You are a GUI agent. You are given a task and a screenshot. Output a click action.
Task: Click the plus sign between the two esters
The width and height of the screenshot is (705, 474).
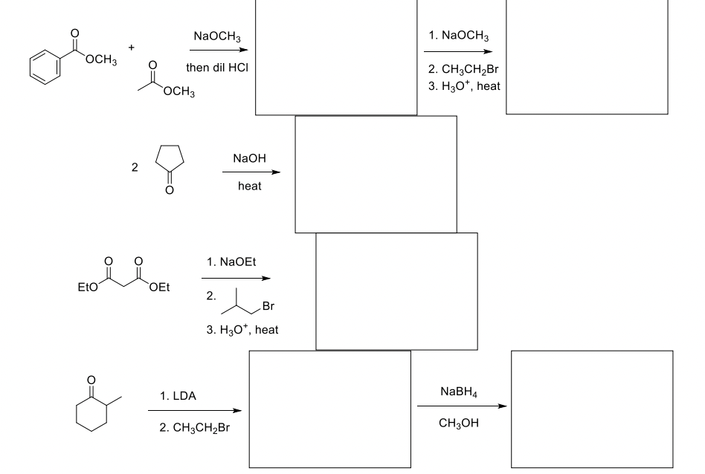tap(132, 48)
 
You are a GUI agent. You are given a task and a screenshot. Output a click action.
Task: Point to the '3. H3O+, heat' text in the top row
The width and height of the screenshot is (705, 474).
tap(464, 86)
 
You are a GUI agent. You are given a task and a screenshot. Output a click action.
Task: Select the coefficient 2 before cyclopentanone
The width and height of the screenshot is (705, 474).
tap(134, 168)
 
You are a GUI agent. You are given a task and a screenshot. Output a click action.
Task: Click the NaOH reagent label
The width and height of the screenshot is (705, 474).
tap(249, 158)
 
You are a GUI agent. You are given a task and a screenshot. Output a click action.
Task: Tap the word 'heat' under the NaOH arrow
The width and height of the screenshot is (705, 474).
tap(250, 186)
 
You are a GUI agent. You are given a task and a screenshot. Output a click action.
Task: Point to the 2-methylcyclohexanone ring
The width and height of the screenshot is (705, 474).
tap(92, 412)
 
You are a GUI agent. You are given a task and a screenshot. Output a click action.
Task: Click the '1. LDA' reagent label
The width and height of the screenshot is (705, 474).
tap(178, 396)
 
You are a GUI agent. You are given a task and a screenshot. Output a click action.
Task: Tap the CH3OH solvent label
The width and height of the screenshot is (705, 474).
tap(459, 423)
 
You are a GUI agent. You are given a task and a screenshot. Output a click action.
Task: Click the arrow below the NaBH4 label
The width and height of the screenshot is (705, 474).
tap(462, 406)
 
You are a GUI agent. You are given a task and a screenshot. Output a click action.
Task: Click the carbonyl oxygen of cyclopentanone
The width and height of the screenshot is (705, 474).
tap(169, 191)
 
